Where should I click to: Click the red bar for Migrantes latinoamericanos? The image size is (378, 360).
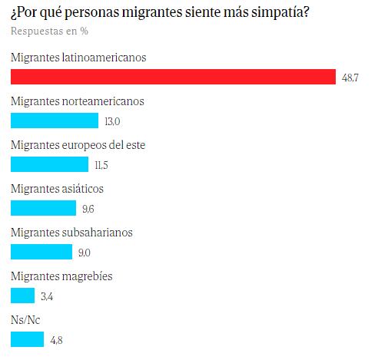point(174,77)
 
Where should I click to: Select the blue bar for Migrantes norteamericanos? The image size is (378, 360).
point(55,121)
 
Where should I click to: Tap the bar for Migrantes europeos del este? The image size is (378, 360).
point(50,164)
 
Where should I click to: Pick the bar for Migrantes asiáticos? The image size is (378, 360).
point(44,208)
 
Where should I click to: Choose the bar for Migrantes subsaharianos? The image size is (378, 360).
point(42,252)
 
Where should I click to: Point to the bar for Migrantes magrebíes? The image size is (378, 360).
point(23,296)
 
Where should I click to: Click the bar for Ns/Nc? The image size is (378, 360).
point(28,339)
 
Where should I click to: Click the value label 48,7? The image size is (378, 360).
point(351,78)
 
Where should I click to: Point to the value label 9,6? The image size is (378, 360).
point(89,209)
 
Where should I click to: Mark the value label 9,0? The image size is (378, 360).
point(86,253)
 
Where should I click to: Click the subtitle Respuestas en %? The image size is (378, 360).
point(48,31)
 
